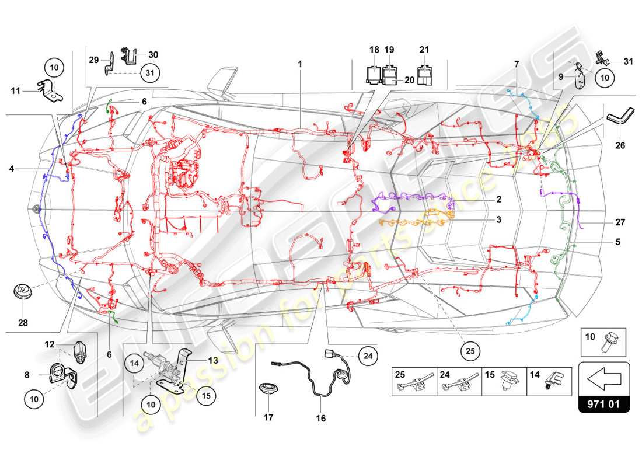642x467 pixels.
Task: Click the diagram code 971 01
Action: (604, 404)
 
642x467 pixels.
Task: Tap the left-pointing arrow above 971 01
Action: (604, 379)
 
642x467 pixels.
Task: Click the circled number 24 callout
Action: (368, 354)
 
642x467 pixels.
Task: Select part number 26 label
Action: (619, 145)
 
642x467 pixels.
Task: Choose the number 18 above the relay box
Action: (374, 50)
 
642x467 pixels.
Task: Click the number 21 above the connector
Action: (424, 50)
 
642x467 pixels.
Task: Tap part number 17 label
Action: (269, 417)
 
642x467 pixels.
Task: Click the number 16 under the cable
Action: (321, 418)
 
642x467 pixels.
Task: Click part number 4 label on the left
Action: (11, 169)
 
